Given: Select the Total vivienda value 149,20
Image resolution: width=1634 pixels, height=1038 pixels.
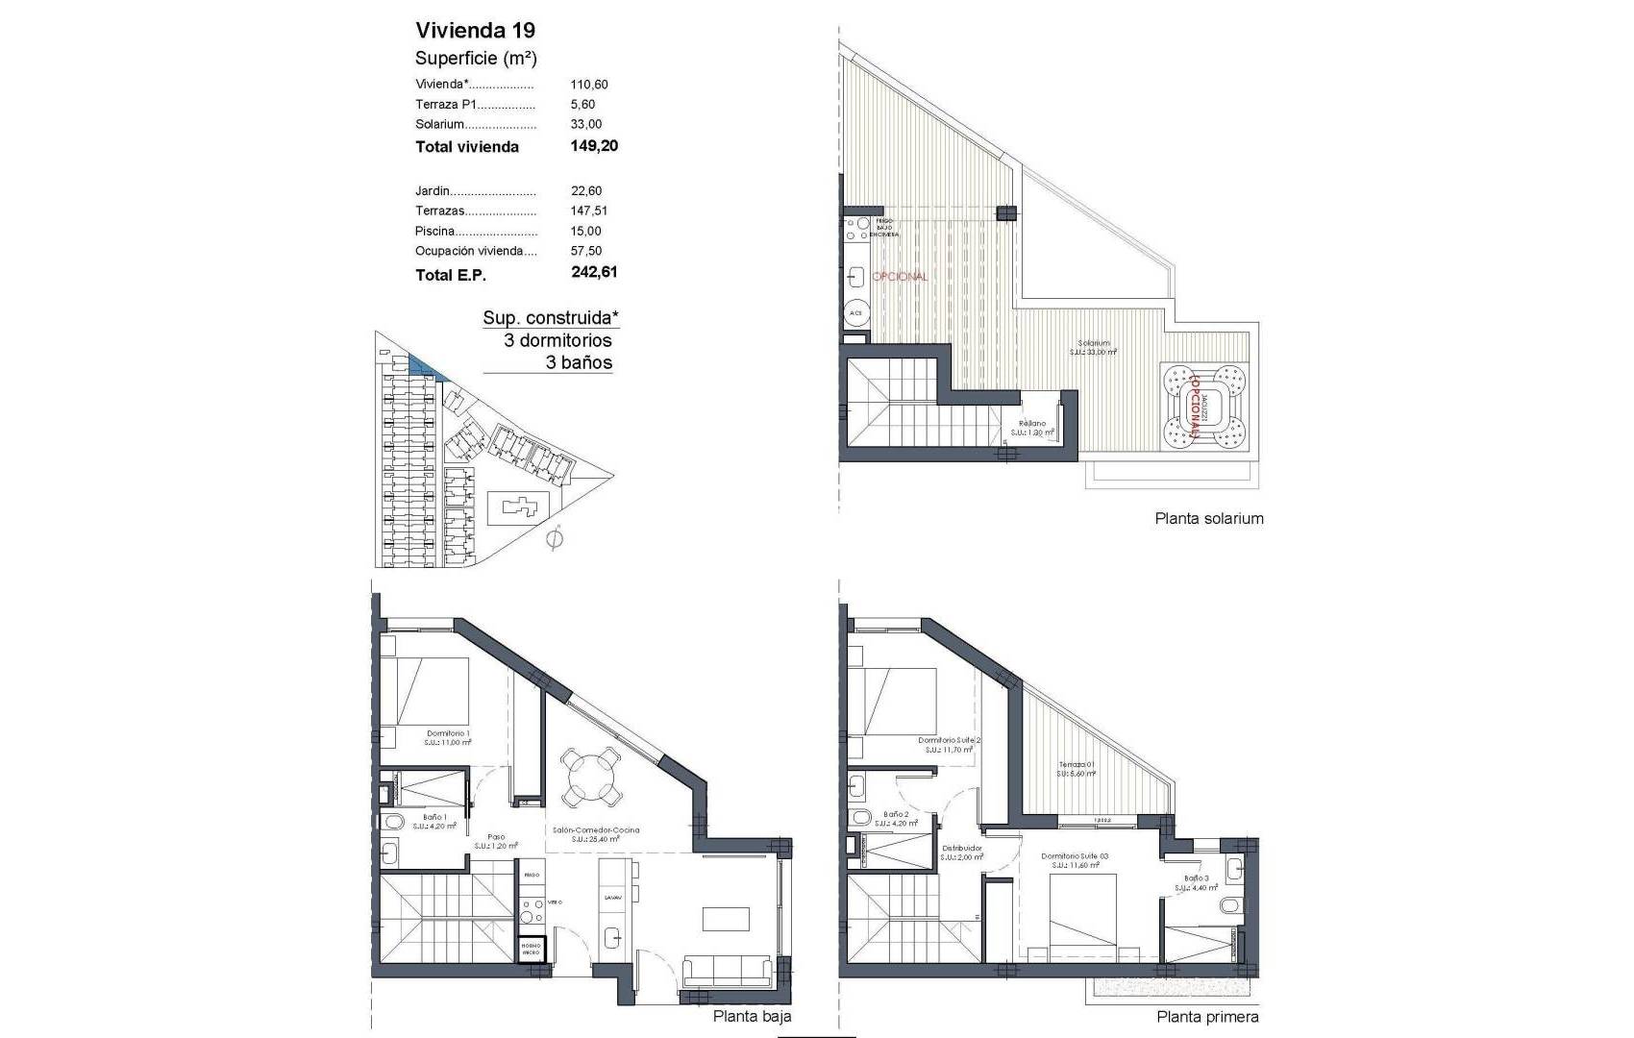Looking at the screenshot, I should pyautogui.click(x=594, y=146).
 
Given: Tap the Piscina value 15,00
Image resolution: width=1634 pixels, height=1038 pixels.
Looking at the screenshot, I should pyautogui.click(x=585, y=231).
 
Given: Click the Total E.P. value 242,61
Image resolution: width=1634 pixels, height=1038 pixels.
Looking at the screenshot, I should pyautogui.click(x=594, y=272).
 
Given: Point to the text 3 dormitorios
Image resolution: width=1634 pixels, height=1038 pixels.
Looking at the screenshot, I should pyautogui.click(x=557, y=340).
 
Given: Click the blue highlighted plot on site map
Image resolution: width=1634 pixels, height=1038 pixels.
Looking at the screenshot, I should pyautogui.click(x=424, y=366).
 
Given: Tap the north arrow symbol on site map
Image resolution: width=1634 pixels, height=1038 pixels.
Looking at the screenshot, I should pyautogui.click(x=554, y=541).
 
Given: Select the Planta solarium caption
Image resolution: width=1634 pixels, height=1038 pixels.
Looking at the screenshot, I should pyautogui.click(x=1208, y=519).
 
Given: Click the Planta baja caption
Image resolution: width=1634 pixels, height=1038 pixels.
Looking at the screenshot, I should pyautogui.click(x=752, y=1016).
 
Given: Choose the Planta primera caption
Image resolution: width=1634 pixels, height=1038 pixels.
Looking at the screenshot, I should pyautogui.click(x=1207, y=1017).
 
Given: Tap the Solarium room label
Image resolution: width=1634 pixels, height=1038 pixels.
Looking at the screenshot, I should pyautogui.click(x=1093, y=343).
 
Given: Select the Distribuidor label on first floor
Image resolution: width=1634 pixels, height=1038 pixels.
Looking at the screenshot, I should pyautogui.click(x=962, y=849).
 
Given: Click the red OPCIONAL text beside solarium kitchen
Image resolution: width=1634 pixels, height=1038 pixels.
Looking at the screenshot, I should pyautogui.click(x=900, y=276).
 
